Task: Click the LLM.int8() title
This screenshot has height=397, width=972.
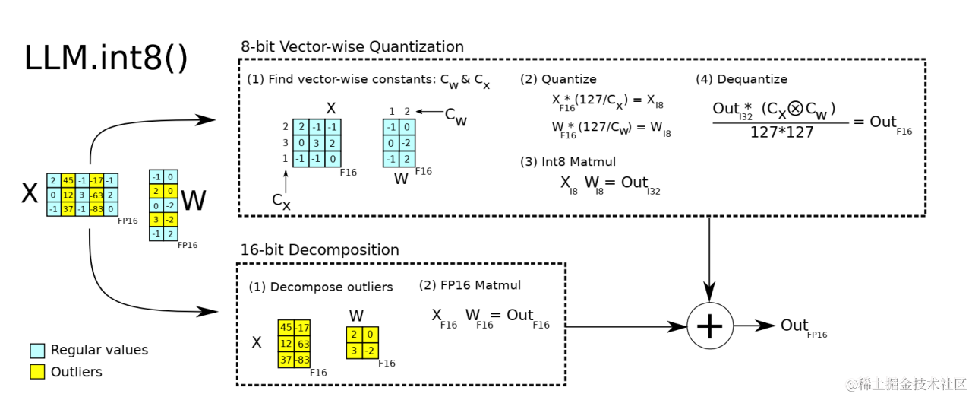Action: (x=106, y=59)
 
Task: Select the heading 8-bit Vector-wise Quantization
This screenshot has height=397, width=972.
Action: (x=352, y=46)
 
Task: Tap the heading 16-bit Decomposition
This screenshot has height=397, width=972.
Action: (x=320, y=249)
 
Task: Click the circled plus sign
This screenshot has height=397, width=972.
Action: (x=709, y=326)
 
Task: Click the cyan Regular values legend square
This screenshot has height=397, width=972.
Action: (x=37, y=351)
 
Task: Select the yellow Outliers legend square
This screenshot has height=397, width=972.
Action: (x=37, y=372)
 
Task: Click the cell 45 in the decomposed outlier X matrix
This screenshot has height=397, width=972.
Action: (x=286, y=328)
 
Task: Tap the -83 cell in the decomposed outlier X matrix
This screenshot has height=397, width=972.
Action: (x=301, y=359)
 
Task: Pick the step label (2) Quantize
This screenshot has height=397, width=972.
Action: (x=558, y=79)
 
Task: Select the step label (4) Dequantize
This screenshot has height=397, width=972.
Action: (x=741, y=79)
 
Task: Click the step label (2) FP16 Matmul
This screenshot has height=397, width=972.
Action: (x=470, y=285)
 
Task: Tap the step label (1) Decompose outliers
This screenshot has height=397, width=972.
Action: (x=320, y=287)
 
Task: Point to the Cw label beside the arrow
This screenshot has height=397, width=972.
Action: (x=456, y=116)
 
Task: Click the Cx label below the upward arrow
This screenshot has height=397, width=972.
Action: (x=282, y=202)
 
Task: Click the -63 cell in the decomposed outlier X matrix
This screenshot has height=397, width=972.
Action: (x=301, y=343)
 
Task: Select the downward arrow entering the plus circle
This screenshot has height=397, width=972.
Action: (x=709, y=259)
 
